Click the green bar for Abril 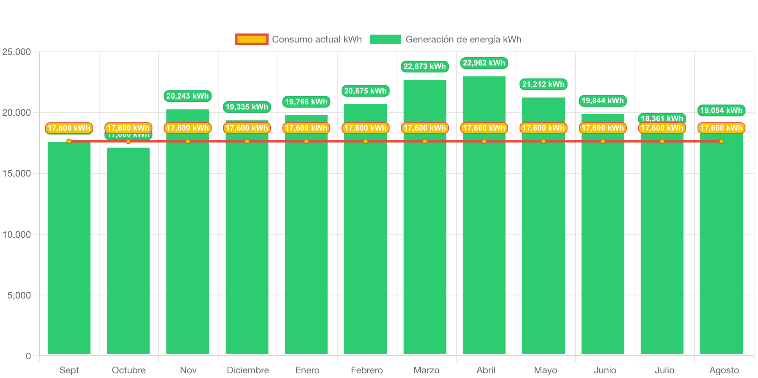484,234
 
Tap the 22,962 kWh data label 484,63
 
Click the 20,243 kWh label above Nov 188,96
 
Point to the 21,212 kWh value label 543,85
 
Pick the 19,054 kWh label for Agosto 721,111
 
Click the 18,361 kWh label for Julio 662,118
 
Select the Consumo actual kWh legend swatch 252,39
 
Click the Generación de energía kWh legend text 463,39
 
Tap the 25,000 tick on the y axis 17,52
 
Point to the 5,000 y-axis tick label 19,295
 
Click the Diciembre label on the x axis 247,370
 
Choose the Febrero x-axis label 367,370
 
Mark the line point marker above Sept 69,141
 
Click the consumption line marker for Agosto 721,141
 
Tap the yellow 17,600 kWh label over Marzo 425,128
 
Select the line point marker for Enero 306,141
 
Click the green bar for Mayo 543,234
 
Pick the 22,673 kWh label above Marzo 425,67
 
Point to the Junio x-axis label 605,370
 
